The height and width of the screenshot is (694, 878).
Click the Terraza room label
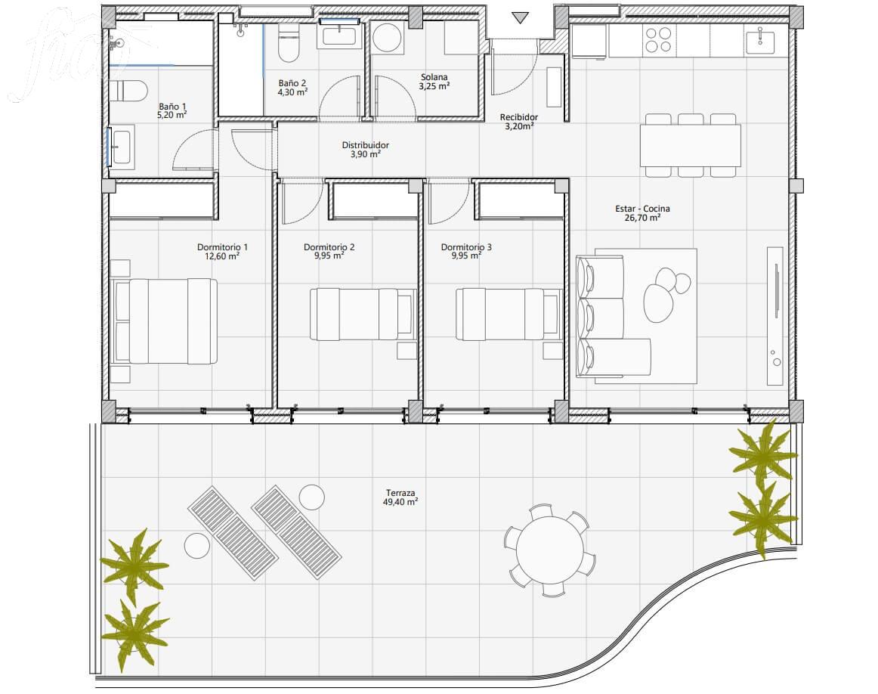click(400, 493)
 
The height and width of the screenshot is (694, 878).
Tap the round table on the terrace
click(549, 550)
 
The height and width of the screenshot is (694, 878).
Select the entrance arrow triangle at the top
click(520, 18)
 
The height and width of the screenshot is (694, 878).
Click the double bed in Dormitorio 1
click(165, 321)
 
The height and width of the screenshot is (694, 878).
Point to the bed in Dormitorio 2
click(363, 314)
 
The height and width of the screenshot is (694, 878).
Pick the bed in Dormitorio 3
click(509, 314)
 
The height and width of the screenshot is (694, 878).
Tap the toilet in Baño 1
click(128, 90)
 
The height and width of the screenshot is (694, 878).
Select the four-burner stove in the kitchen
click(659, 40)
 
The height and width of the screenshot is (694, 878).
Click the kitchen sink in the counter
click(760, 41)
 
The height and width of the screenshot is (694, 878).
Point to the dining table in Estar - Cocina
click(691, 146)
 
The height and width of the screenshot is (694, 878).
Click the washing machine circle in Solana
click(387, 38)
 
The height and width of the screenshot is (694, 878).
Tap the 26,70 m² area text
click(642, 217)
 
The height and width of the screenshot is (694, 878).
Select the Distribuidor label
click(365, 145)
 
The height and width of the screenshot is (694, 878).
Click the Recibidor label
click(518, 117)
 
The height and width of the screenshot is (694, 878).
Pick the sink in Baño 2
click(340, 36)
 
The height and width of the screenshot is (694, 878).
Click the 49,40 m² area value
click(400, 502)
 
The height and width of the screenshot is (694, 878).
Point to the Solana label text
click(434, 77)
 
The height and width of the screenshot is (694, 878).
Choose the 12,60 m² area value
click(222, 256)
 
